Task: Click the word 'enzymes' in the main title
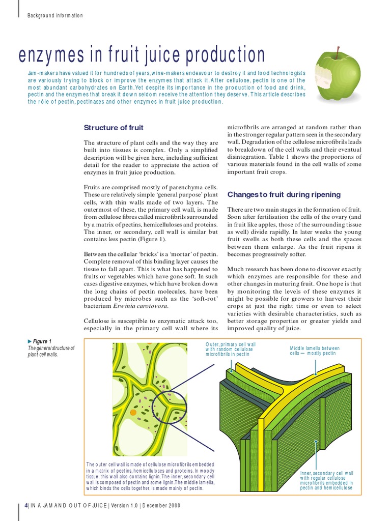click(49, 55)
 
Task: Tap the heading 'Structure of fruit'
click(114, 128)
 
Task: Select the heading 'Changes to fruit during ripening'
click(284, 195)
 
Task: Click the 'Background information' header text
click(55, 15)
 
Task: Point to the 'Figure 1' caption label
click(42, 341)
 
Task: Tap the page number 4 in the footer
click(26, 506)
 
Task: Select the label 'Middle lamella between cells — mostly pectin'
click(314, 351)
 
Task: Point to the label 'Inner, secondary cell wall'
click(326, 473)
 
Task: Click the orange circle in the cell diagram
click(133, 412)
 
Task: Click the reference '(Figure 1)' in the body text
click(150, 238)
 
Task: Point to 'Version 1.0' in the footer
click(124, 506)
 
